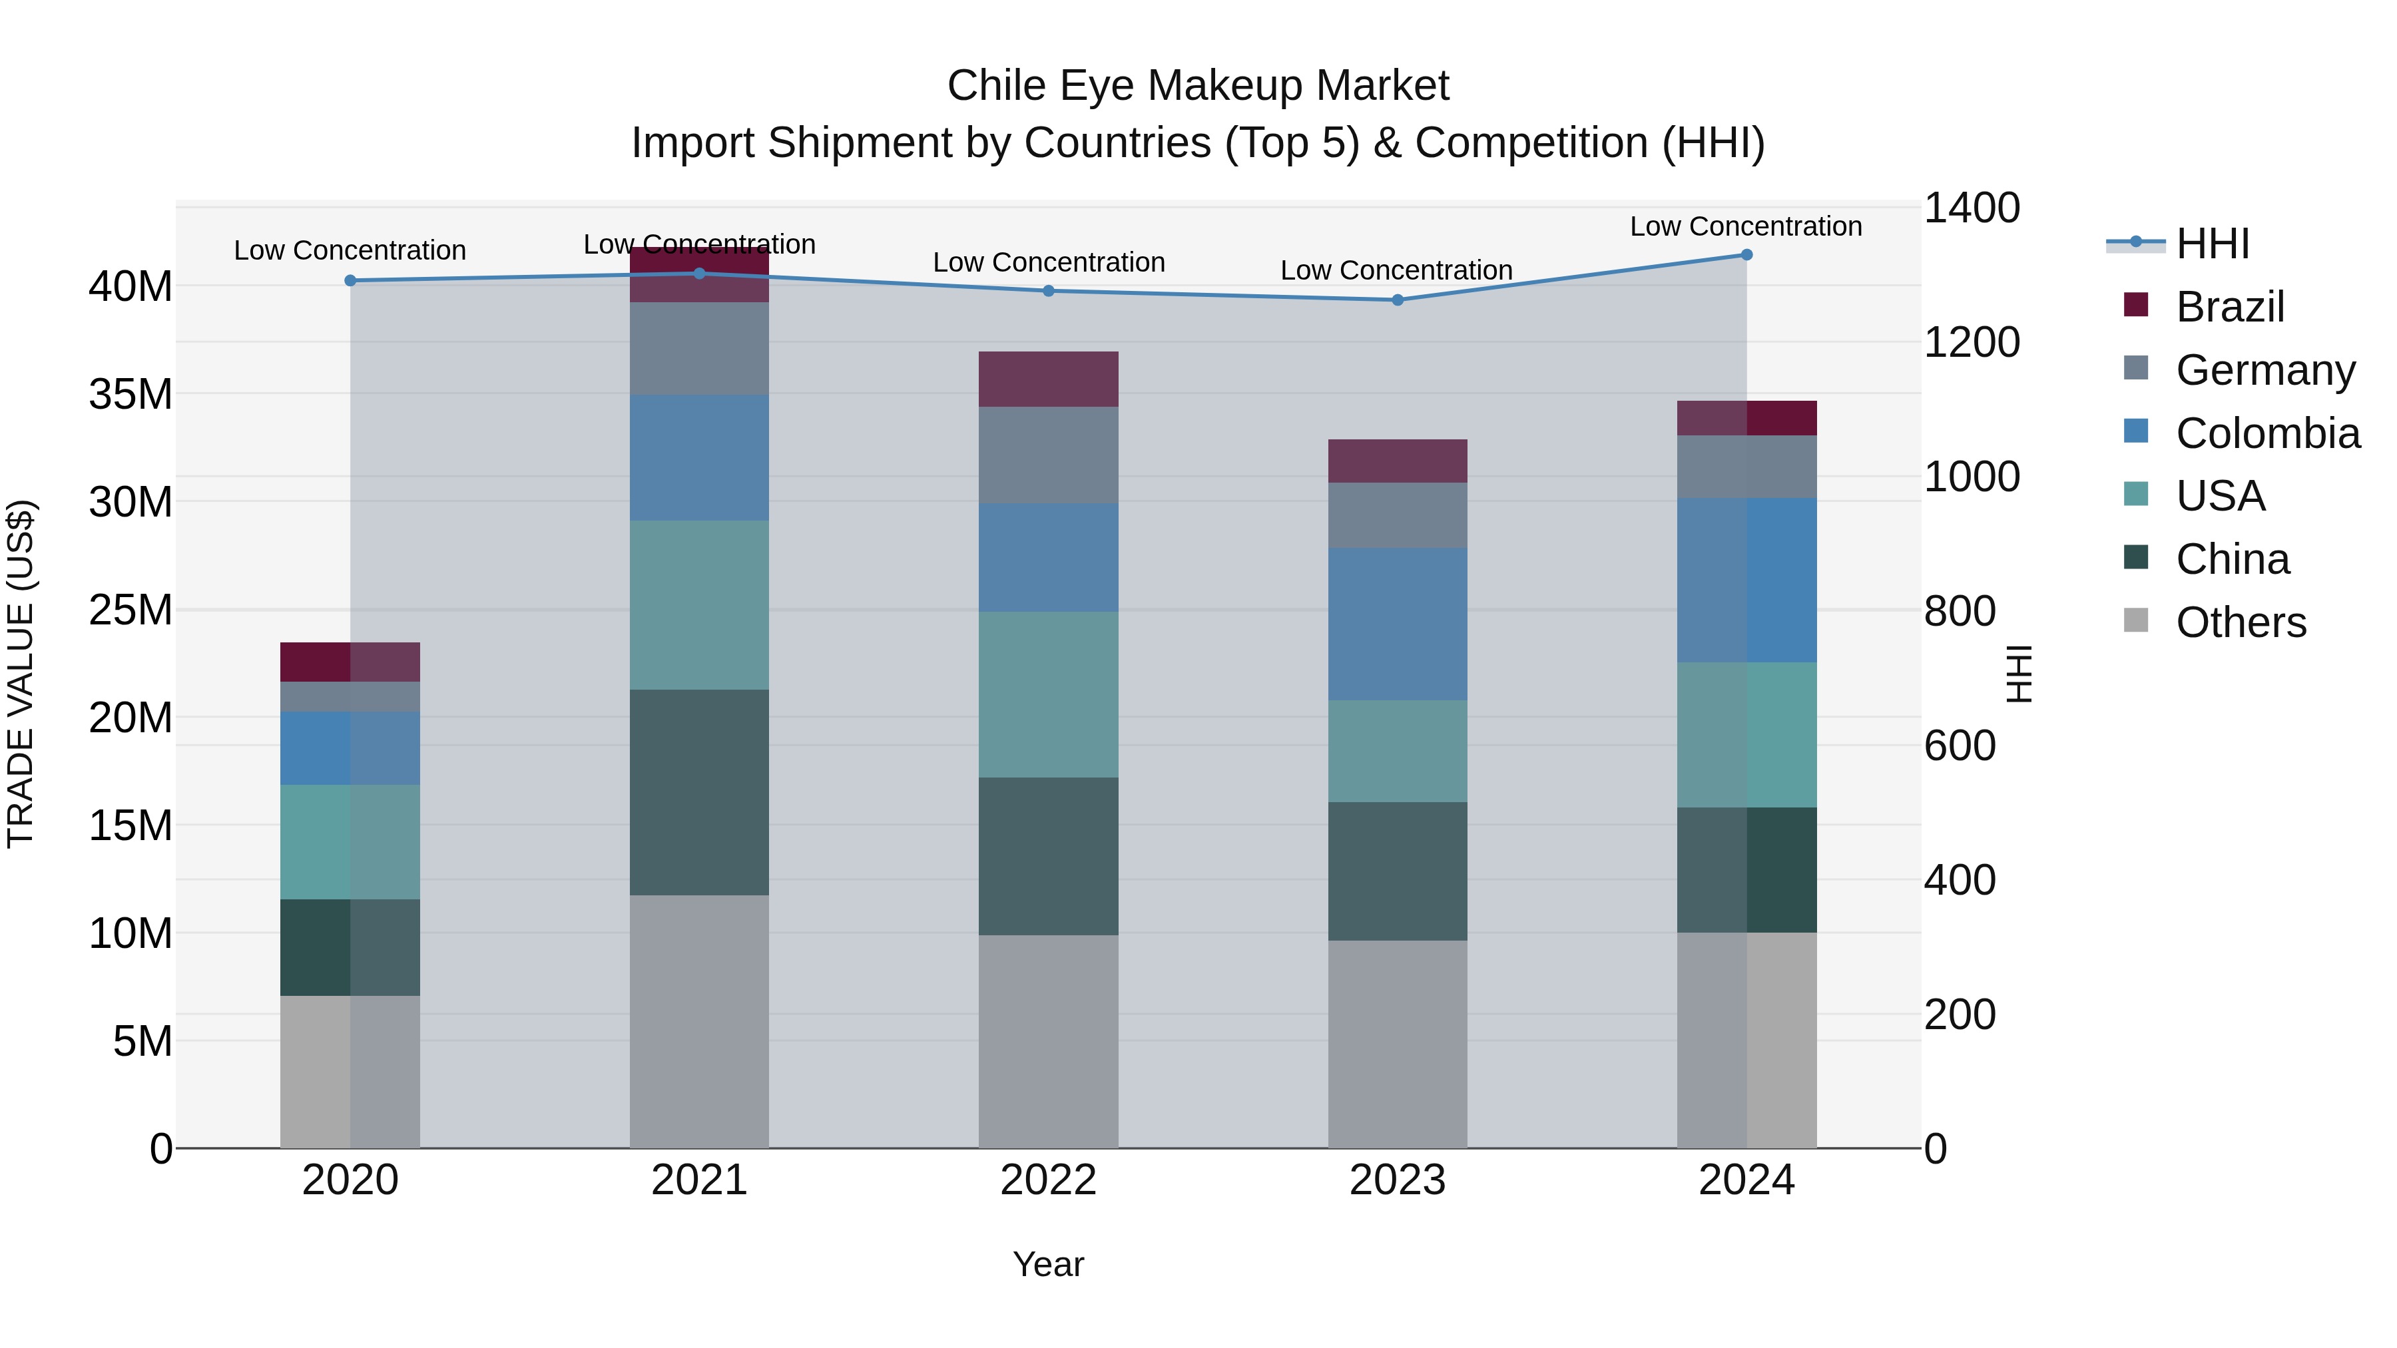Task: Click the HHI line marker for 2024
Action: pos(1746,255)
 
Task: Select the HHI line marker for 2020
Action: pos(350,280)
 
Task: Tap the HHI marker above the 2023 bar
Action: pos(1397,300)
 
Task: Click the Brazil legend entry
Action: pos(2229,307)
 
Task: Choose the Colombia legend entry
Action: pos(2266,433)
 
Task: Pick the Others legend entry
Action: pos(2241,622)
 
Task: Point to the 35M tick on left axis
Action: pos(131,395)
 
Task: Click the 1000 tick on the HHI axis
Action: pos(1971,477)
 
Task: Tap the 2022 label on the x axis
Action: pos(1048,1180)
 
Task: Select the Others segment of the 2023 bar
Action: pos(1397,1043)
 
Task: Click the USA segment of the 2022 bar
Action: pos(1048,694)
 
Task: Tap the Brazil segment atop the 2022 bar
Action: pos(1048,379)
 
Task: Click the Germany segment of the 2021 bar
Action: pos(699,348)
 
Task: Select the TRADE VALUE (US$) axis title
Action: pos(21,674)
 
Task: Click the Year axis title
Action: pos(1048,1264)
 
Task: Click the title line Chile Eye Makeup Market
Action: pos(1198,86)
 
